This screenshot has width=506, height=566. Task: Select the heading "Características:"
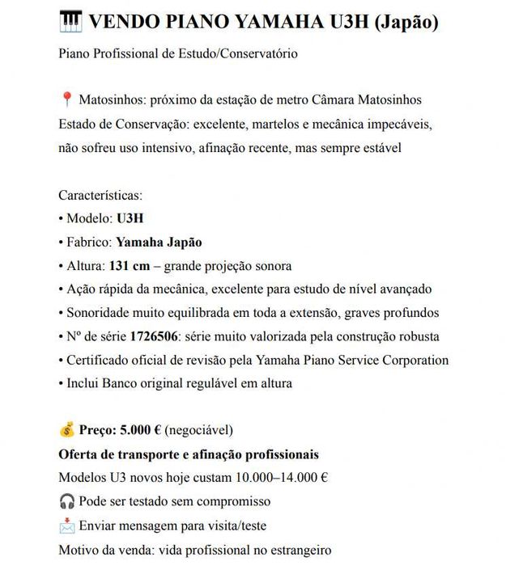[100, 195]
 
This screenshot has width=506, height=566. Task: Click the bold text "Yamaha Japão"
[159, 242]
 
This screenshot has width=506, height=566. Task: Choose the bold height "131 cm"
[130, 265]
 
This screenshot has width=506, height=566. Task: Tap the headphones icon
[67, 501]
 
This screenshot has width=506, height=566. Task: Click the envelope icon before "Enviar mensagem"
[67, 525]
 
